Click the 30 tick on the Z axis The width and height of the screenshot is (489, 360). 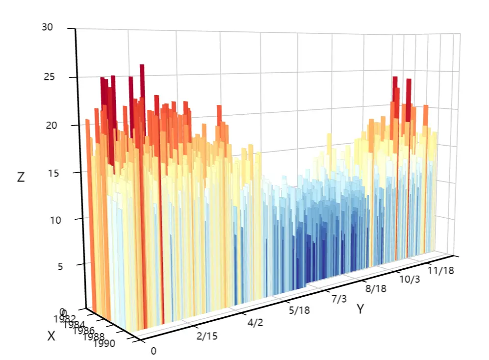click(48, 27)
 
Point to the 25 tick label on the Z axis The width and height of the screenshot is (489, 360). click(48, 77)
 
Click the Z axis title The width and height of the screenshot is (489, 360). click(21, 177)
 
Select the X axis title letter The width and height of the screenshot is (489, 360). click(51, 336)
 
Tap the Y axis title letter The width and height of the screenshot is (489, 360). click(360, 309)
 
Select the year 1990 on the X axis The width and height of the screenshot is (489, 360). click(105, 343)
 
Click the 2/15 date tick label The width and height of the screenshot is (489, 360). click(207, 336)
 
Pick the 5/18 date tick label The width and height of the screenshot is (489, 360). click(299, 310)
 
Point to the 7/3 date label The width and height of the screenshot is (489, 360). click(339, 299)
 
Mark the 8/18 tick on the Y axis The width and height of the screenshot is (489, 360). click(375, 288)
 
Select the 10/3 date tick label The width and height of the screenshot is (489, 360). click(410, 279)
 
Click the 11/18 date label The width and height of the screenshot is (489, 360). click(440, 270)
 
